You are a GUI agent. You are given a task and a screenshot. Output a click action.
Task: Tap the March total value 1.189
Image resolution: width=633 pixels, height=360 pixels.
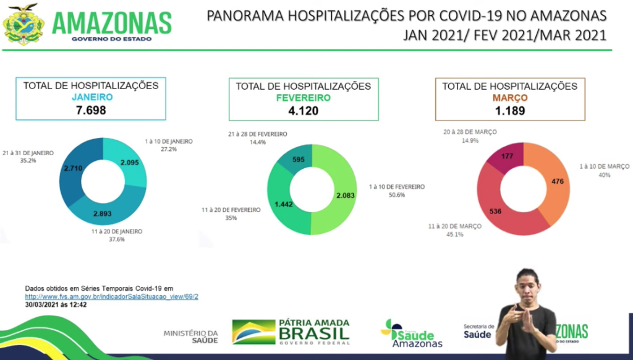coord(509,111)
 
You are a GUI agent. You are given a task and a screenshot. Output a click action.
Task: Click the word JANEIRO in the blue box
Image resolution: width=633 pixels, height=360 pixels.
coord(91,97)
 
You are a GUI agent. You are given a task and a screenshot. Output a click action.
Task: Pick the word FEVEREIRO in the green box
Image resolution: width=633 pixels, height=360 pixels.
coord(303,98)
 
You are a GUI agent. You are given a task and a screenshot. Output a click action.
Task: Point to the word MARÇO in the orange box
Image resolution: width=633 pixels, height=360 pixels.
coord(509,98)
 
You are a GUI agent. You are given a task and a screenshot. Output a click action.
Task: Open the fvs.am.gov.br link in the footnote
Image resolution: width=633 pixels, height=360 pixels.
coord(111,296)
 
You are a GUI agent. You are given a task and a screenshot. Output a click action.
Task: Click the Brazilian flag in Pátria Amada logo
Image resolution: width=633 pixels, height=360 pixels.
coord(253,332)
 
